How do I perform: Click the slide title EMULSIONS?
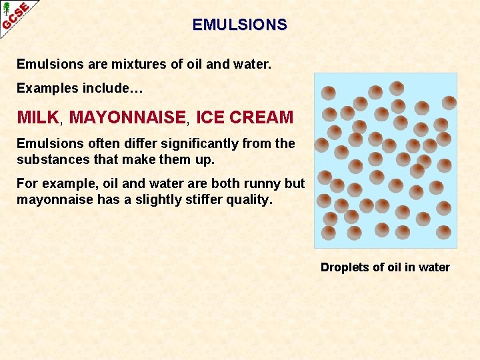[x=240, y=25]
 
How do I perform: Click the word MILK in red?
[x=38, y=117]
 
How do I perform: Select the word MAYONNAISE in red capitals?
[x=127, y=117]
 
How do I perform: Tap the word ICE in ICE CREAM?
[x=210, y=117]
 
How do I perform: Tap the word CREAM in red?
[x=261, y=117]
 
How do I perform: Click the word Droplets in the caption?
[x=345, y=267]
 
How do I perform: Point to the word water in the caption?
[x=434, y=267]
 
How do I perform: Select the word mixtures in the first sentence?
[x=123, y=65]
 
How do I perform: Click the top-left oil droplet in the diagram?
[x=329, y=93]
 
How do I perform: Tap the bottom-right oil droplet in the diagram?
[x=444, y=232]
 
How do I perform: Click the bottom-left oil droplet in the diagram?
[x=329, y=232]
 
